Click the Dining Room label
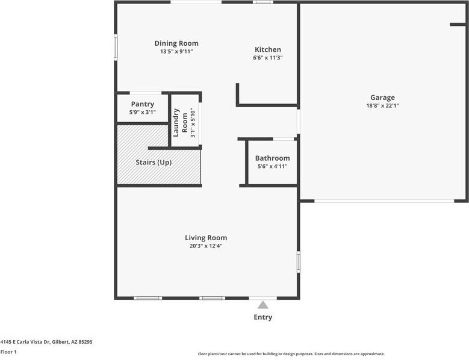pos(176,43)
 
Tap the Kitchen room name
pos(267,49)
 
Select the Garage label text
pos(382,98)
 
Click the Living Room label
pos(206,238)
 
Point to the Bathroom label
pos(272,158)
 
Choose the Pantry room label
pos(143,104)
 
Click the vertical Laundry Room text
pos(180,123)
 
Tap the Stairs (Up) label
pos(154,163)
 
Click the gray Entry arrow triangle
pos(263,305)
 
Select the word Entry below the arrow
pos(263,317)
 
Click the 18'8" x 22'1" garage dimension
pos(382,105)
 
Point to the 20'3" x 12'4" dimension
pos(206,246)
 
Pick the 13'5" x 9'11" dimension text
pos(176,52)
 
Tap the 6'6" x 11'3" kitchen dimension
pos(267,58)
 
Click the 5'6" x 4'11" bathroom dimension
pos(272,166)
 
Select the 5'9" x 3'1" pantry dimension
pos(143,112)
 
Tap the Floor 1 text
pos(8,352)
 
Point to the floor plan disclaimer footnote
pos(291,354)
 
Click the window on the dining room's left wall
pos(116,47)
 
